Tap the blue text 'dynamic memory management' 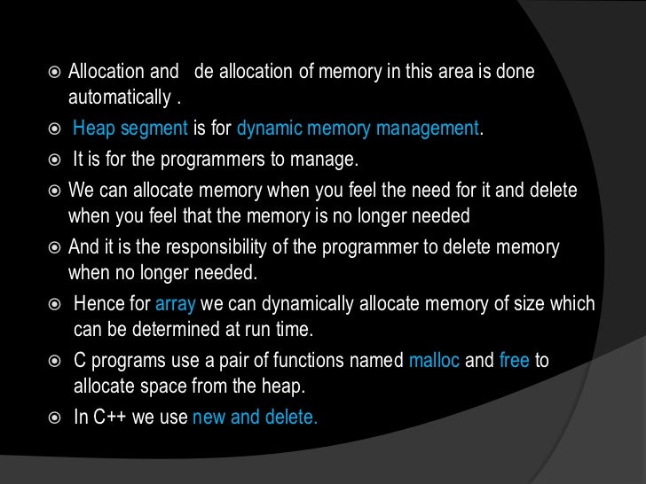(358, 128)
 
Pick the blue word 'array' (176, 304)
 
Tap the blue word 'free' (515, 361)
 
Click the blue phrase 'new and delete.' (255, 418)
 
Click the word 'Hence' (98, 304)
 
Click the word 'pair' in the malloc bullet (249, 361)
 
